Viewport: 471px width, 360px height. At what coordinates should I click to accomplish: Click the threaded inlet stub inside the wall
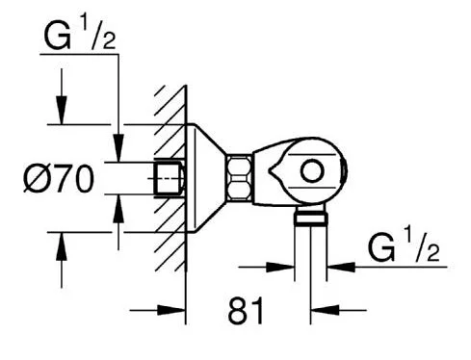coord(170,178)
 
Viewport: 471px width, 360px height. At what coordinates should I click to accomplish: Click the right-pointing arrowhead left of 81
coord(175,310)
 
